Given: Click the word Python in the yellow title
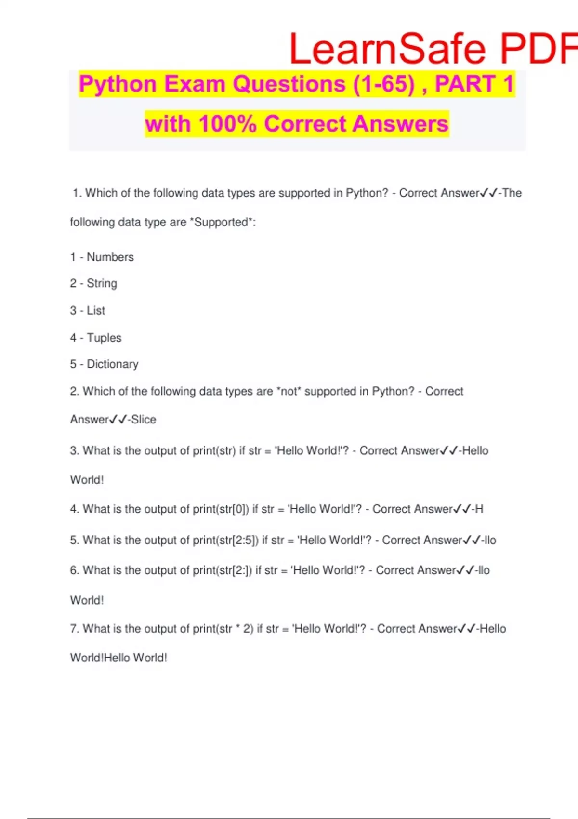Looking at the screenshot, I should [118, 84].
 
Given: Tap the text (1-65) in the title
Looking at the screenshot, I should [384, 84].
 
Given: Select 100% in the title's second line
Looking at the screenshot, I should [227, 124].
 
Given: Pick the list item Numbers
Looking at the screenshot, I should [110, 257].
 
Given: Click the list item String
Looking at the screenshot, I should [102, 283].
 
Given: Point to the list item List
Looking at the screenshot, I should [96, 310].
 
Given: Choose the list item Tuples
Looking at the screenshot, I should [104, 338].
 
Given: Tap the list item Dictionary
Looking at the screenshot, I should [112, 364].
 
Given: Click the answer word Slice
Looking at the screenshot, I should [144, 420].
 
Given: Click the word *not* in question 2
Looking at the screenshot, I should [289, 391].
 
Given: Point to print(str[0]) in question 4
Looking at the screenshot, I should [221, 509].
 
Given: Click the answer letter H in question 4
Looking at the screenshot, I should [479, 509].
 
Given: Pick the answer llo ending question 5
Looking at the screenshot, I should [490, 540].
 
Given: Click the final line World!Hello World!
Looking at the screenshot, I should [118, 658].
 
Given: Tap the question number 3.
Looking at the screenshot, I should [74, 451].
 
